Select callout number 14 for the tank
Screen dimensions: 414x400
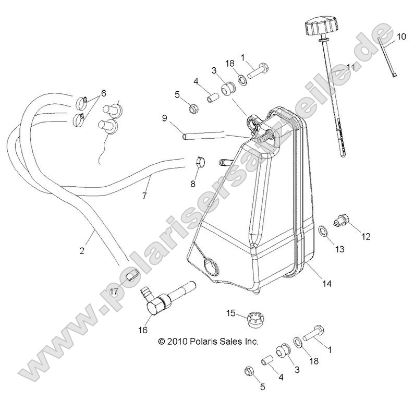pos(326,284)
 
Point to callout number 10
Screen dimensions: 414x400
pos(401,37)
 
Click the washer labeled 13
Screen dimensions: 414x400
pos(323,231)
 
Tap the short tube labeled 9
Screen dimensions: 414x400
pos(203,135)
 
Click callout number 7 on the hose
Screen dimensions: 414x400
pos(144,196)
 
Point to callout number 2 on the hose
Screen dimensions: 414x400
pos(82,250)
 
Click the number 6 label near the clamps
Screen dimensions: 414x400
pos(103,93)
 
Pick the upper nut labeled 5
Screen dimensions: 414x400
pos(194,108)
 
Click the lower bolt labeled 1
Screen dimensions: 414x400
pos(313,333)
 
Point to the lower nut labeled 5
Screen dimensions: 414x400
pos(249,371)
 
